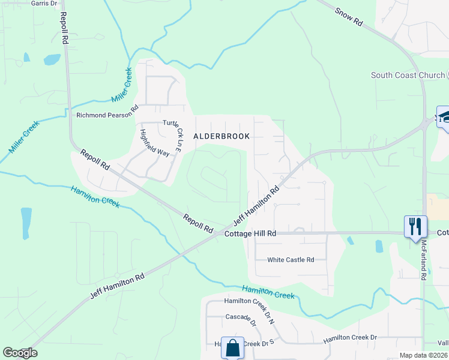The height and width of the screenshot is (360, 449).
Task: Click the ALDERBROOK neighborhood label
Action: point(221,136)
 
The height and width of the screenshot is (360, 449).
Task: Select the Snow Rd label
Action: point(349,16)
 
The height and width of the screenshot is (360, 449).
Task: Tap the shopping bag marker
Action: point(232,347)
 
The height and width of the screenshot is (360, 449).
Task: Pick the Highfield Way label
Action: point(154,142)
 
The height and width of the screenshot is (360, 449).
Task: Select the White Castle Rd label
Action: point(291,260)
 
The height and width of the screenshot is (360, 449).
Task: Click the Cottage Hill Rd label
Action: point(250,233)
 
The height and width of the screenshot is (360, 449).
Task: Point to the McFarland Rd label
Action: point(423,260)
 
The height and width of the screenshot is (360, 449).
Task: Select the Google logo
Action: point(20,353)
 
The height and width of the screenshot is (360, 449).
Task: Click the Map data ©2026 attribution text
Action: point(423,355)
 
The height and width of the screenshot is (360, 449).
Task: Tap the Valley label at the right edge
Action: point(443,343)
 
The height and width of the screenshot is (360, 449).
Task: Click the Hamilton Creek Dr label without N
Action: point(350,338)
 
